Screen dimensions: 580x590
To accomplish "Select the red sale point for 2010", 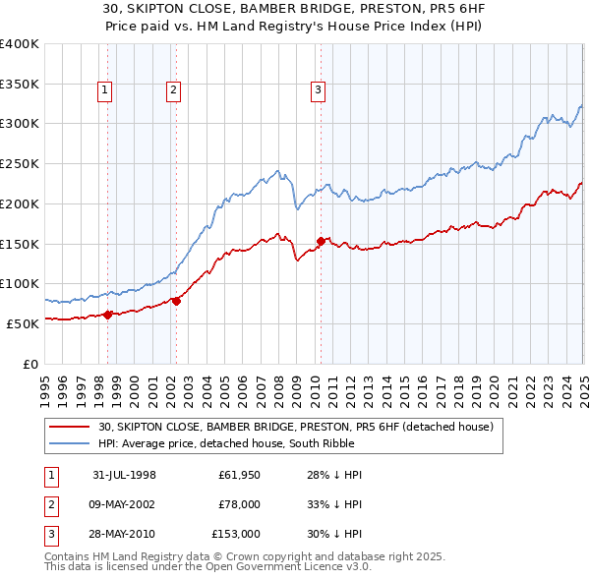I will coord(321,240).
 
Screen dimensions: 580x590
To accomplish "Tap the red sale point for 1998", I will coord(108,314).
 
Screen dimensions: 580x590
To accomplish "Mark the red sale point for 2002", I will coord(176,301).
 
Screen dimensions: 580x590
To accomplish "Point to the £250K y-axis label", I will coord(19,164).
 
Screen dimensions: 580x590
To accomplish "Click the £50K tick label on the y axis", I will coord(22,323).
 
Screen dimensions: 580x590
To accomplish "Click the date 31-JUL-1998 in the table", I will coord(125,475).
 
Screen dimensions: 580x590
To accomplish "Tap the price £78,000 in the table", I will coord(240,504).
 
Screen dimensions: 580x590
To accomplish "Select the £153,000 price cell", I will coord(236,534).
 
